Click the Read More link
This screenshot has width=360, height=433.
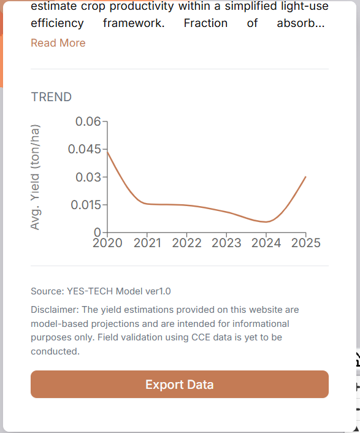click(x=58, y=43)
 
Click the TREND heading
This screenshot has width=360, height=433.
click(x=52, y=97)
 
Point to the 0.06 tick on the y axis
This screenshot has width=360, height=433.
click(x=88, y=121)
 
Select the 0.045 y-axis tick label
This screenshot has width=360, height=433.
click(x=85, y=149)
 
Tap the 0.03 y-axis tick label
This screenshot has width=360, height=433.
click(x=88, y=177)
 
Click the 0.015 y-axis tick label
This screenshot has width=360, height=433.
click(x=86, y=205)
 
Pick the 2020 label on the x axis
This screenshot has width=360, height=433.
click(x=107, y=243)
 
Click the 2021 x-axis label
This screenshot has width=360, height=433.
click(x=147, y=243)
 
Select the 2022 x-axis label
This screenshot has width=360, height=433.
click(x=186, y=243)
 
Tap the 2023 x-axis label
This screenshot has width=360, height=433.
click(x=226, y=243)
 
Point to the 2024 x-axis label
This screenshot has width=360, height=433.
click(x=266, y=243)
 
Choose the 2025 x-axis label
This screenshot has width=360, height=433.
click(x=306, y=243)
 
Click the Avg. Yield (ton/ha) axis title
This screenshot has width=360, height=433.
click(x=35, y=177)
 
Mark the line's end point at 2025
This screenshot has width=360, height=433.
click(x=305, y=177)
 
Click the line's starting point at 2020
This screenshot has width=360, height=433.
click(x=107, y=151)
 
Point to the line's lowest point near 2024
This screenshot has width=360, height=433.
click(x=266, y=222)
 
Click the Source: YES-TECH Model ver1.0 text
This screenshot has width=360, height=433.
click(x=101, y=291)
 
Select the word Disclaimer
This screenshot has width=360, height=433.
click(x=55, y=310)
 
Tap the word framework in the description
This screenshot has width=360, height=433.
click(x=134, y=23)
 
